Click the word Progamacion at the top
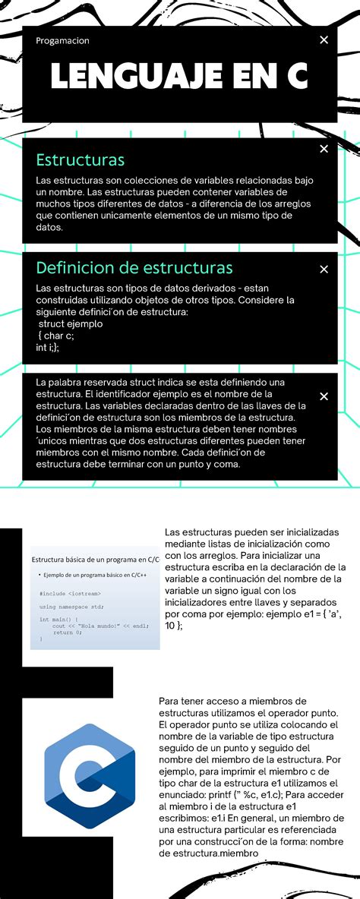pyautogui.click(x=62, y=40)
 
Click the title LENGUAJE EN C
pyautogui.click(x=179, y=76)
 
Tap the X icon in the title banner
pyautogui.click(x=324, y=39)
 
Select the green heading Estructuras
pyautogui.click(x=80, y=160)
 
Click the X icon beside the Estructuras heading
pyautogui.click(x=324, y=149)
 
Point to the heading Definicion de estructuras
pyautogui.click(x=134, y=268)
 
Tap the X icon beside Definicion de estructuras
pyautogui.click(x=324, y=269)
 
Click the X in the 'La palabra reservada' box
pyautogui.click(x=324, y=396)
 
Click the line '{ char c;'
pyautogui.click(x=58, y=336)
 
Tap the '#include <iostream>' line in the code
pyautogui.click(x=70, y=593)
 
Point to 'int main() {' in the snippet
pyautogui.click(x=58, y=620)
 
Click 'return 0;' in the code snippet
pyautogui.click(x=67, y=632)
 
